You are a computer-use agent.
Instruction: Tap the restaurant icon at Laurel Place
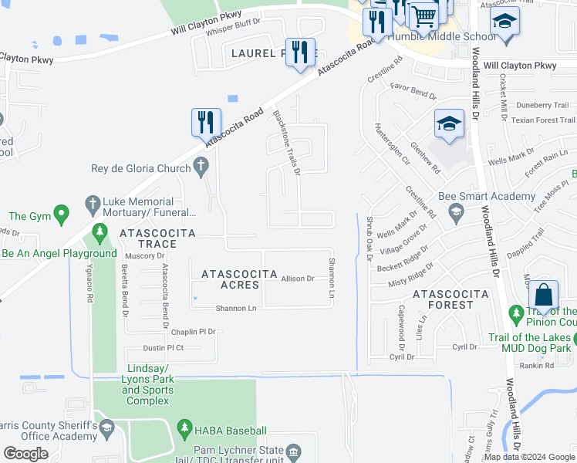tap(300, 52)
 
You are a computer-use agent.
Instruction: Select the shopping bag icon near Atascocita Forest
tap(543, 296)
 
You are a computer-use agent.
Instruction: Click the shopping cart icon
tap(422, 15)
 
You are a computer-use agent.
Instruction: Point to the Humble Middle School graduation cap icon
tap(504, 21)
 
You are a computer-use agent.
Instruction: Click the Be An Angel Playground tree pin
tap(99, 231)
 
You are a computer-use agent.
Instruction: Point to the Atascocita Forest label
tap(450, 299)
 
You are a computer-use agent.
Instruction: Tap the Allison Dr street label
tap(298, 279)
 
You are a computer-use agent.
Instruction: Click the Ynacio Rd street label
tap(91, 285)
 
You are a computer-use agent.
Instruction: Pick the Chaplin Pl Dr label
tap(193, 331)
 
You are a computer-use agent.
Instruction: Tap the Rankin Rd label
tap(536, 365)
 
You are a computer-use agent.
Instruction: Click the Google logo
tap(25, 454)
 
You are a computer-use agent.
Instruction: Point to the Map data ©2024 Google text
tap(528, 457)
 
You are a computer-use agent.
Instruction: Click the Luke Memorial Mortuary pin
tap(92, 204)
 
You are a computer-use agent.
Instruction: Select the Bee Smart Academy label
tap(487, 197)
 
